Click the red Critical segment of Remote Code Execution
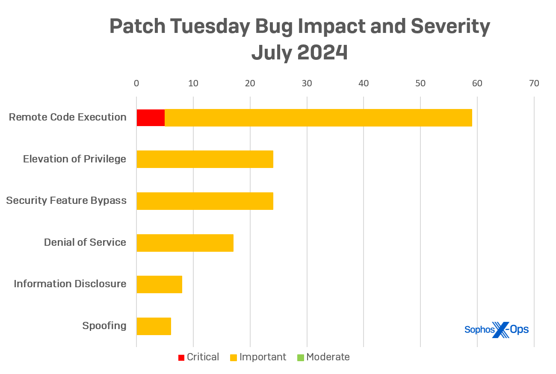click(x=151, y=118)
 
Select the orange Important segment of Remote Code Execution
click(x=318, y=118)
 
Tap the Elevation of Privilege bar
click(x=205, y=159)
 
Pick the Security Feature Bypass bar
click(x=205, y=201)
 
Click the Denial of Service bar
click(x=185, y=243)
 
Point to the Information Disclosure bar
click(x=159, y=284)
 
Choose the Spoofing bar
click(x=154, y=326)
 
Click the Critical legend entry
click(x=199, y=357)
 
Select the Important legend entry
click(x=258, y=357)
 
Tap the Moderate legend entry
click(x=323, y=357)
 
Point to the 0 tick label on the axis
click(x=136, y=83)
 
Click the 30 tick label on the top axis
click(x=307, y=83)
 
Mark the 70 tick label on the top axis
click(x=534, y=83)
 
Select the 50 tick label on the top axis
click(x=420, y=83)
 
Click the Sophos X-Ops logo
click(x=497, y=330)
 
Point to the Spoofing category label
click(x=104, y=326)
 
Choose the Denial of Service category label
click(x=85, y=243)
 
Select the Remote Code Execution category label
click(x=68, y=118)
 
